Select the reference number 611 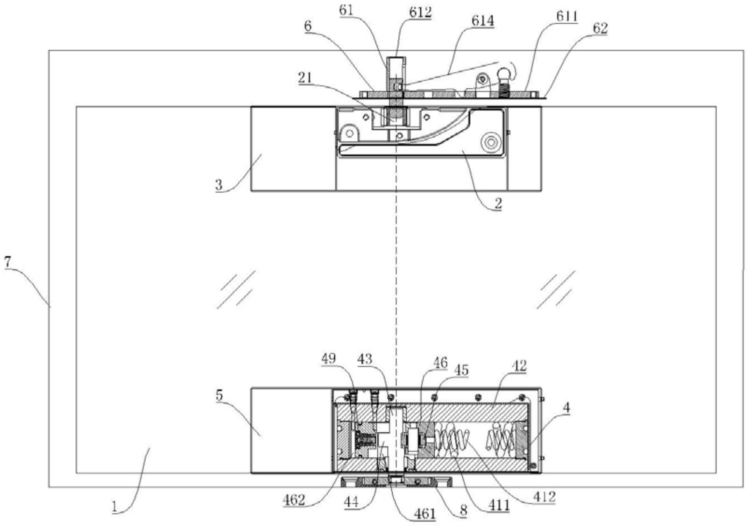tap(566, 17)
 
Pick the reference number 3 tap(219, 184)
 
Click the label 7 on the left tap(7, 262)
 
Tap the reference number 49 tap(328, 358)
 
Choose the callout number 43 tap(364, 358)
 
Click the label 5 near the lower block tap(219, 395)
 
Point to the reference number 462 tap(293, 500)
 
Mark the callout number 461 tap(424, 513)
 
